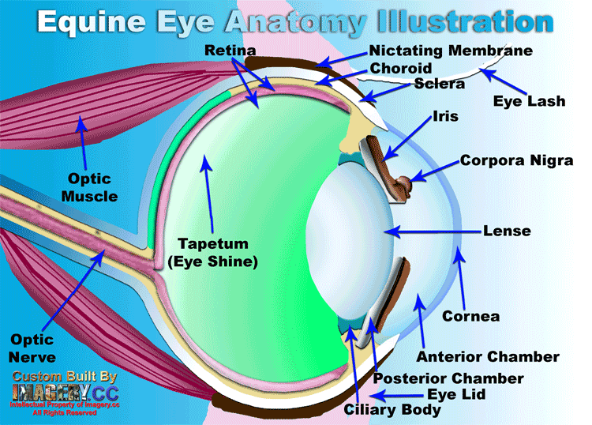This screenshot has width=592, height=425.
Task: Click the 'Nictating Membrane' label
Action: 451,51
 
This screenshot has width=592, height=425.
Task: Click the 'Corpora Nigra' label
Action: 516,160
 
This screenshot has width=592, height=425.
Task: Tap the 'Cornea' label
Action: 471,316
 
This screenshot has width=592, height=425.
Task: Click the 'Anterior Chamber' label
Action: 488,357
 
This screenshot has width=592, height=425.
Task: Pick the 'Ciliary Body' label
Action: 392,410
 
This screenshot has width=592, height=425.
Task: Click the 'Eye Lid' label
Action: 456,393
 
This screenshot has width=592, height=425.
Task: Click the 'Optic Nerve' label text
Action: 32,348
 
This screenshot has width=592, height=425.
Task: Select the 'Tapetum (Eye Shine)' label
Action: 213,252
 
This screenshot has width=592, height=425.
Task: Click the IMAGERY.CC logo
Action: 63,392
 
